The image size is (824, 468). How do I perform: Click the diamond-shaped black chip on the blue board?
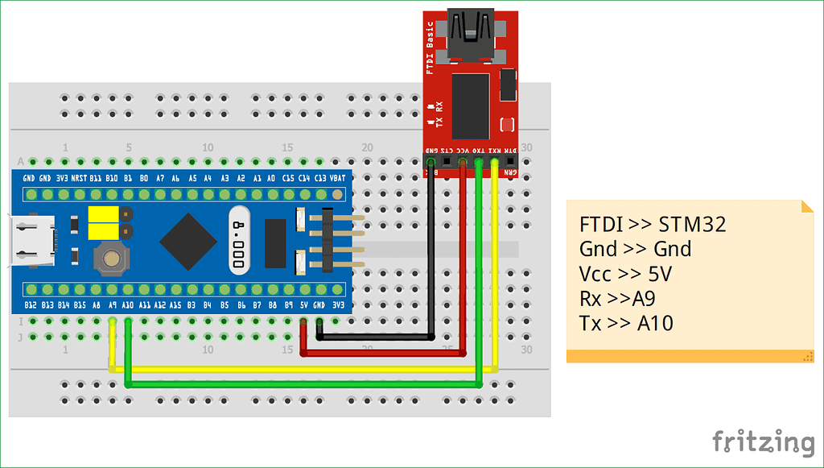tap(188, 241)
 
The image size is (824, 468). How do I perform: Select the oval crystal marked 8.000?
tap(239, 241)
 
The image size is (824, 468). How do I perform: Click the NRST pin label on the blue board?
tap(78, 177)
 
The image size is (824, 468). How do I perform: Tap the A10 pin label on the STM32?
tap(127, 305)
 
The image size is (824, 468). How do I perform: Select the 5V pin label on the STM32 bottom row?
tap(303, 305)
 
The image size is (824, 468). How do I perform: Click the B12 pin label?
tap(30, 305)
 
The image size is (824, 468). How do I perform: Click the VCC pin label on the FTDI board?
tap(462, 151)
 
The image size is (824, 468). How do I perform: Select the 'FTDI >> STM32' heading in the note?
tap(652, 225)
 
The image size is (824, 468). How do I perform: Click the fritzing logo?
tap(763, 442)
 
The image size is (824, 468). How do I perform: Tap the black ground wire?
tap(431, 258)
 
